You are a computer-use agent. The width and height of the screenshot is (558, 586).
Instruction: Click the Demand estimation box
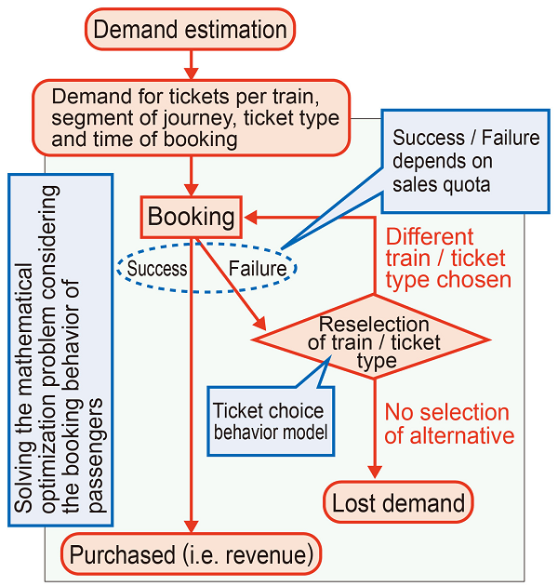pos(191,30)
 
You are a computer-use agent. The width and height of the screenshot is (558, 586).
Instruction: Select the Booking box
pos(192,218)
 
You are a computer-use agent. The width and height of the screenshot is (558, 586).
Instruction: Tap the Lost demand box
pos(399,503)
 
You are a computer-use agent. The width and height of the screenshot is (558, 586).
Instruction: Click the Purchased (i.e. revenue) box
pos(193,555)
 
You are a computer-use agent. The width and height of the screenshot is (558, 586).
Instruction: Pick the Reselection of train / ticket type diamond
pos(374,338)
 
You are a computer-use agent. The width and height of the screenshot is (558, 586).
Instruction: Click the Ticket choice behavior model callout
pos(270,420)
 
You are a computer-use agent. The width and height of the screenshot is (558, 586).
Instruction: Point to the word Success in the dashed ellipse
pos(157,269)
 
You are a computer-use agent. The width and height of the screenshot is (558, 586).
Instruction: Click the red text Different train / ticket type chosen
pos(448,258)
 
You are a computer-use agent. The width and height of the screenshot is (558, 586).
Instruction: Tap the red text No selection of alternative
pos(448,423)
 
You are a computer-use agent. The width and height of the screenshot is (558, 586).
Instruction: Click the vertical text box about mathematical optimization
pos(60,344)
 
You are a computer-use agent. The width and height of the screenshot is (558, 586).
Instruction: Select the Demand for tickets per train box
pos(192,118)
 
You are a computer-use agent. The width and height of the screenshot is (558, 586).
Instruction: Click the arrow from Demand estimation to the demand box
pos(192,65)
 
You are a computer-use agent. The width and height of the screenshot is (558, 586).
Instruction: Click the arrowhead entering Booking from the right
pos(251,218)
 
